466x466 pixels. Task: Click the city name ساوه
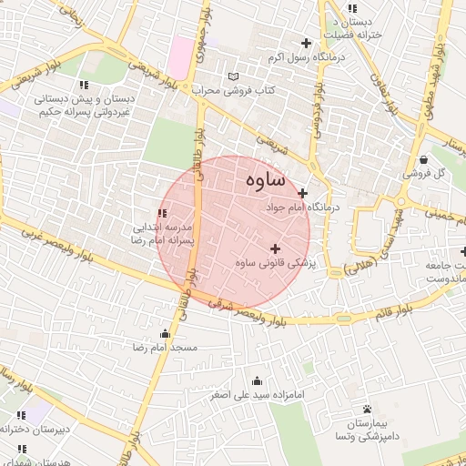(x=266, y=181)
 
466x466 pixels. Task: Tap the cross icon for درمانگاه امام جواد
(x=303, y=193)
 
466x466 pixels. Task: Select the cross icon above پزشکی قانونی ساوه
(x=275, y=248)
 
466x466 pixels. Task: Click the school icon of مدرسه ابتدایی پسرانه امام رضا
(x=162, y=214)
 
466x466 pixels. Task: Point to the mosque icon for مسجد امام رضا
(x=164, y=333)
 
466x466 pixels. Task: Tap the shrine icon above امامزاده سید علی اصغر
(x=257, y=381)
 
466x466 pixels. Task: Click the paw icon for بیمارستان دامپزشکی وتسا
(x=367, y=409)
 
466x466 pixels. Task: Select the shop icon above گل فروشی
(x=423, y=159)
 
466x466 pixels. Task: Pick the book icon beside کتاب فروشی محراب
(x=236, y=76)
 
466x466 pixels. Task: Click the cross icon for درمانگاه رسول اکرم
(x=306, y=43)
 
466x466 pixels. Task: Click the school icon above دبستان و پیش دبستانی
(x=84, y=84)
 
